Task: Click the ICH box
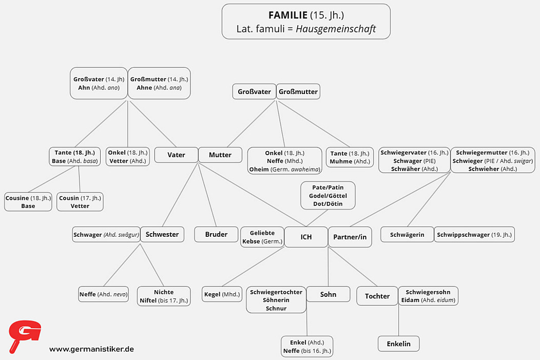pos(306,237)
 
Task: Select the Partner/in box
pos(350,237)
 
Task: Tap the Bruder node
pos(216,234)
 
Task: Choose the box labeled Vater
pos(176,155)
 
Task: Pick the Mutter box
pos(220,155)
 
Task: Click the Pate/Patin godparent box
pos(328,196)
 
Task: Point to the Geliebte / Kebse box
pos(262,237)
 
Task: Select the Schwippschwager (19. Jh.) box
pos(474,235)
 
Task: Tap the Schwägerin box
pos(407,235)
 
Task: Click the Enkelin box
pos(399,344)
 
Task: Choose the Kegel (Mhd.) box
pos(222,294)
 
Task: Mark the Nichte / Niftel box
pos(164,296)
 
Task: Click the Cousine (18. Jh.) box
pos(28,202)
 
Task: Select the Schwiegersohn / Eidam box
pos(428,296)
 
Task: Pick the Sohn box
pos(328,294)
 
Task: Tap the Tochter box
pos(377,296)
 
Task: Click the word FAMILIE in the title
pos(288,15)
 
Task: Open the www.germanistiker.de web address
pos(91,349)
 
